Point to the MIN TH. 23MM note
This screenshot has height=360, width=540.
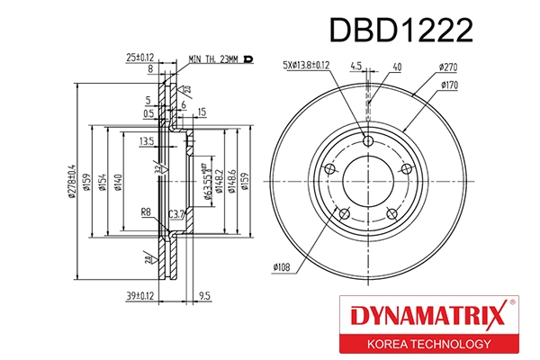click(213, 60)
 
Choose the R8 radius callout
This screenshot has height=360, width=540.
click(145, 212)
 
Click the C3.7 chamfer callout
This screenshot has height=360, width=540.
click(176, 213)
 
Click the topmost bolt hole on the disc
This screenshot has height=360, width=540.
click(367, 140)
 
